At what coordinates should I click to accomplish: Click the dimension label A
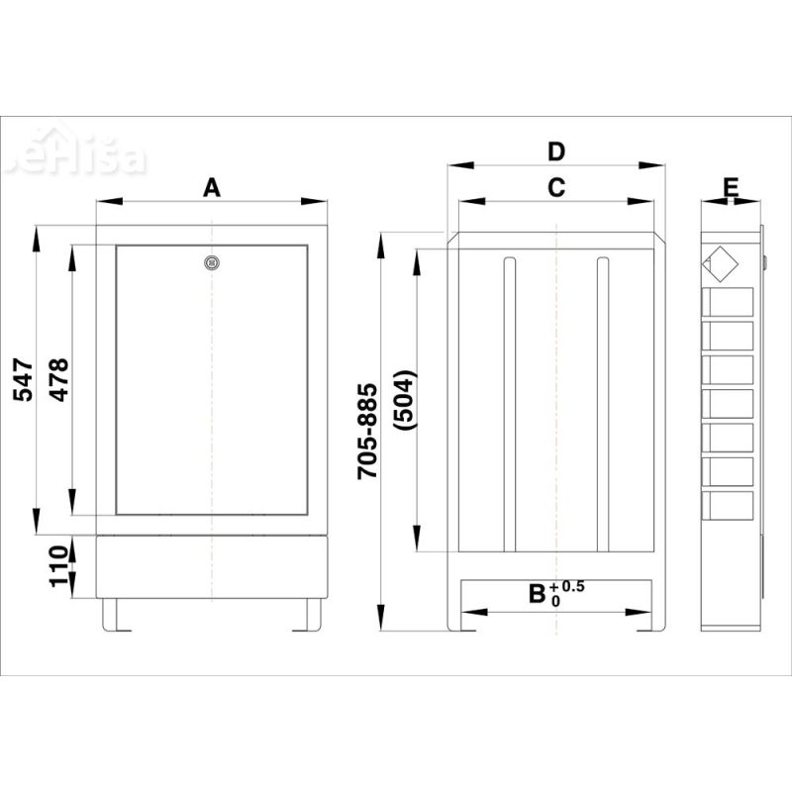point(212,188)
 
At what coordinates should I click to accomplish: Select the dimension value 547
point(23,379)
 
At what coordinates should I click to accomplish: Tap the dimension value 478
point(59,379)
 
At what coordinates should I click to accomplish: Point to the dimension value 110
point(59,565)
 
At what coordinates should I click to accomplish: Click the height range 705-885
point(367,431)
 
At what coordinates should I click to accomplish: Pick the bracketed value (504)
point(406,400)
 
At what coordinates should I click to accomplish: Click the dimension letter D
point(556,151)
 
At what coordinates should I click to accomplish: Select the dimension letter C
point(556,188)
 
